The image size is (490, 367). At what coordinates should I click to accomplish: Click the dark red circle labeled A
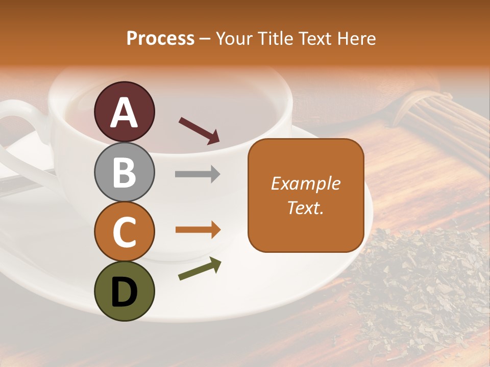click(x=125, y=112)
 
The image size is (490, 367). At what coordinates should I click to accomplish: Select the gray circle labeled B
click(x=125, y=172)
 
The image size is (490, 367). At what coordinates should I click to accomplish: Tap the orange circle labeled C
click(x=125, y=231)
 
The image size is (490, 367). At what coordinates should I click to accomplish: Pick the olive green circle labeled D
click(x=125, y=291)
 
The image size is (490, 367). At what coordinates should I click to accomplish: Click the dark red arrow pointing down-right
click(x=199, y=130)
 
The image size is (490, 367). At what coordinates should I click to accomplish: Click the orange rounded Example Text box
click(x=306, y=195)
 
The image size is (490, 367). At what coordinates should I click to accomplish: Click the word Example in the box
click(x=306, y=183)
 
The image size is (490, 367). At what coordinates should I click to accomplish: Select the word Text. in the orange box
click(x=306, y=207)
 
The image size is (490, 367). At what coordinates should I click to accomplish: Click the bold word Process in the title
click(x=160, y=38)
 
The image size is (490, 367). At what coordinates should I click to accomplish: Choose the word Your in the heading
click(x=233, y=38)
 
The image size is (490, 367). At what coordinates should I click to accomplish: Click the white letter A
click(x=125, y=113)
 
